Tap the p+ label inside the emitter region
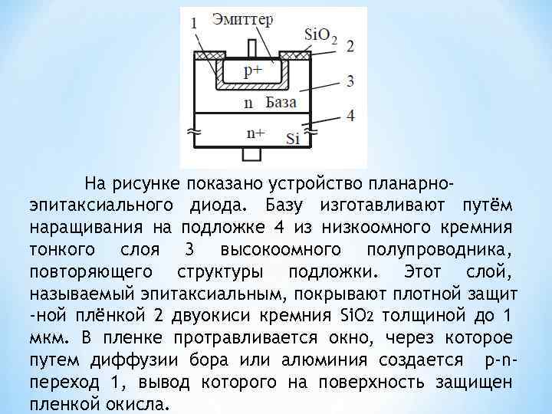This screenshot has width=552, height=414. tap(253, 71)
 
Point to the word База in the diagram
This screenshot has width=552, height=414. tap(281, 102)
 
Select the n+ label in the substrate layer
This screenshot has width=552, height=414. tap(255, 133)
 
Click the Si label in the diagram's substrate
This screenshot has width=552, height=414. tap(292, 139)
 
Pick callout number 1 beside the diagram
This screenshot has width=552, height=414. tap(193, 23)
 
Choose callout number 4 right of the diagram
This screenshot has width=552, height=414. tap(350, 116)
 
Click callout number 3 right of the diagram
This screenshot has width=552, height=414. tap(350, 80)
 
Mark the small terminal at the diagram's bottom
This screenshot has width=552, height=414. tap(251, 154)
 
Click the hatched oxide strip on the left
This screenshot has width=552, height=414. tap(207, 56)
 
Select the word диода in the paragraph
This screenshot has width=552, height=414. tap(216, 205)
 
